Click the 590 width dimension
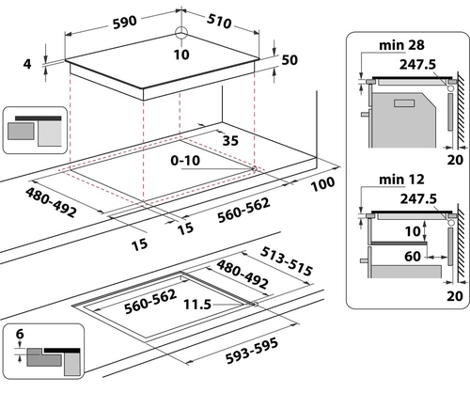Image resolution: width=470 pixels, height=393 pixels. point(125,23)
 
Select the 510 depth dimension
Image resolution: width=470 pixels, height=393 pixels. point(219,22)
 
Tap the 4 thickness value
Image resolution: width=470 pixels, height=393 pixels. point(27,64)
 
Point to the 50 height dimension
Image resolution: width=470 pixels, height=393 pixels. point(290,60)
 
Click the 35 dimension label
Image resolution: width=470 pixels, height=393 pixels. point(230,141)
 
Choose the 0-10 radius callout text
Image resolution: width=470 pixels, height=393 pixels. point(185,161)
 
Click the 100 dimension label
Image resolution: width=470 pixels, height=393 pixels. point(322,183)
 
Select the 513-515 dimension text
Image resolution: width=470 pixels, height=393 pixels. point(287,261)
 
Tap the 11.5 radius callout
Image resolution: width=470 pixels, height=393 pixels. point(197,304)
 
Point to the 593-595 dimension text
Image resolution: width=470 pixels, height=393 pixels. point(252,351)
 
